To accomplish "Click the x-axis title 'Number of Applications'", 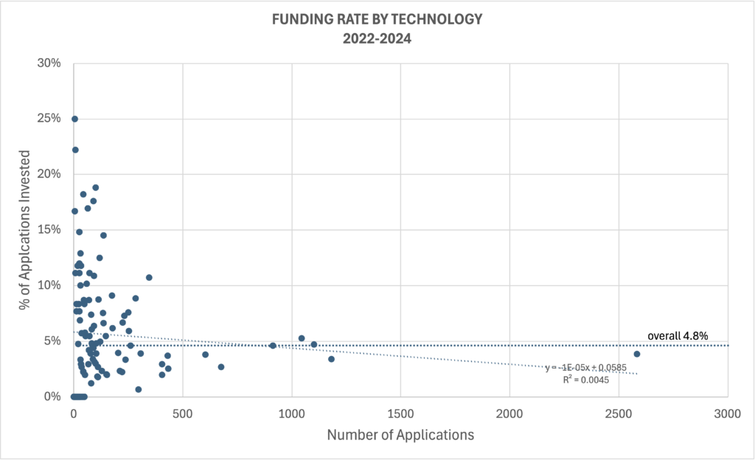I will (x=400, y=435).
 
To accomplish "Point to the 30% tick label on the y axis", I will (x=49, y=63).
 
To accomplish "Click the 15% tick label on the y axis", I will (x=49, y=230).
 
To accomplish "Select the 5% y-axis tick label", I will (x=52, y=341).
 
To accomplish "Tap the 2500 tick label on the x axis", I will (x=619, y=414).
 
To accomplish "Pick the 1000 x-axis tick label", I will (x=292, y=414).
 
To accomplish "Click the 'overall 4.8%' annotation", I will (x=678, y=335).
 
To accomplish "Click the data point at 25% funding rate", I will (x=74, y=119).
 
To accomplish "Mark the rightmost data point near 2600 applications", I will (x=636, y=354).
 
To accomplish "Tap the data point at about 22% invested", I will (x=75, y=150).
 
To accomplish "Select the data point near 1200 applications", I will (x=331, y=359).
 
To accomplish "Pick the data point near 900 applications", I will (x=273, y=345).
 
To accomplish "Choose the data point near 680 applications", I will (x=220, y=366).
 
